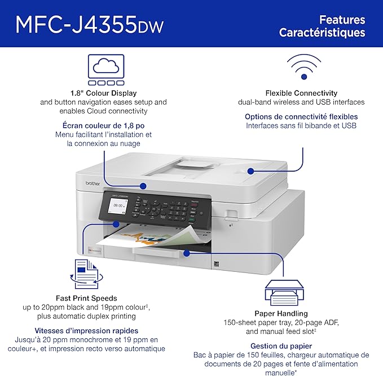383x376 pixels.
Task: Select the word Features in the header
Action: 342,20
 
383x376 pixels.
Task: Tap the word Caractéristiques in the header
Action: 322,33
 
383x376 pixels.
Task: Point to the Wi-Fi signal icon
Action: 303,67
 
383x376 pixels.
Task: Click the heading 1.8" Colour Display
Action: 104,93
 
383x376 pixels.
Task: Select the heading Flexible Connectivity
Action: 301,93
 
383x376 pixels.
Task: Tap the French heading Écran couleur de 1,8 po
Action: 103,126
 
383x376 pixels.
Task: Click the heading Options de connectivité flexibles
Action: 301,117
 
